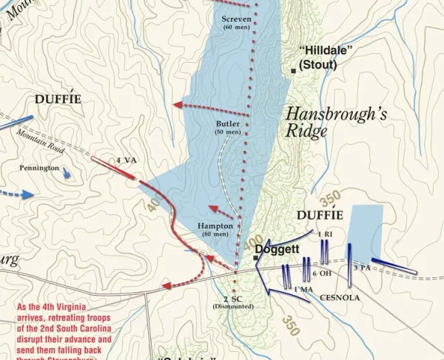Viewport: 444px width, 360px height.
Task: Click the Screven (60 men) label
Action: pyautogui.click(x=237, y=22)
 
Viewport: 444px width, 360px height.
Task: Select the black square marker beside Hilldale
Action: pyautogui.click(x=294, y=70)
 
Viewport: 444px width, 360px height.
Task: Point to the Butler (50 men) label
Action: pyautogui.click(x=229, y=127)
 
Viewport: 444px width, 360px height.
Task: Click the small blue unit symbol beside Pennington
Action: pyautogui.click(x=68, y=173)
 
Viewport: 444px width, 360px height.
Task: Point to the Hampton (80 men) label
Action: pyautogui.click(x=215, y=229)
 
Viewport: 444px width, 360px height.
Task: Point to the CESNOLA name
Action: pyautogui.click(x=340, y=297)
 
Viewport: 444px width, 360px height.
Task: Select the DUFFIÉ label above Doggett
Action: pyautogui.click(x=320, y=215)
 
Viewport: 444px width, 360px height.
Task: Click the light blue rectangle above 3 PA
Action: pyautogui.click(x=366, y=228)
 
